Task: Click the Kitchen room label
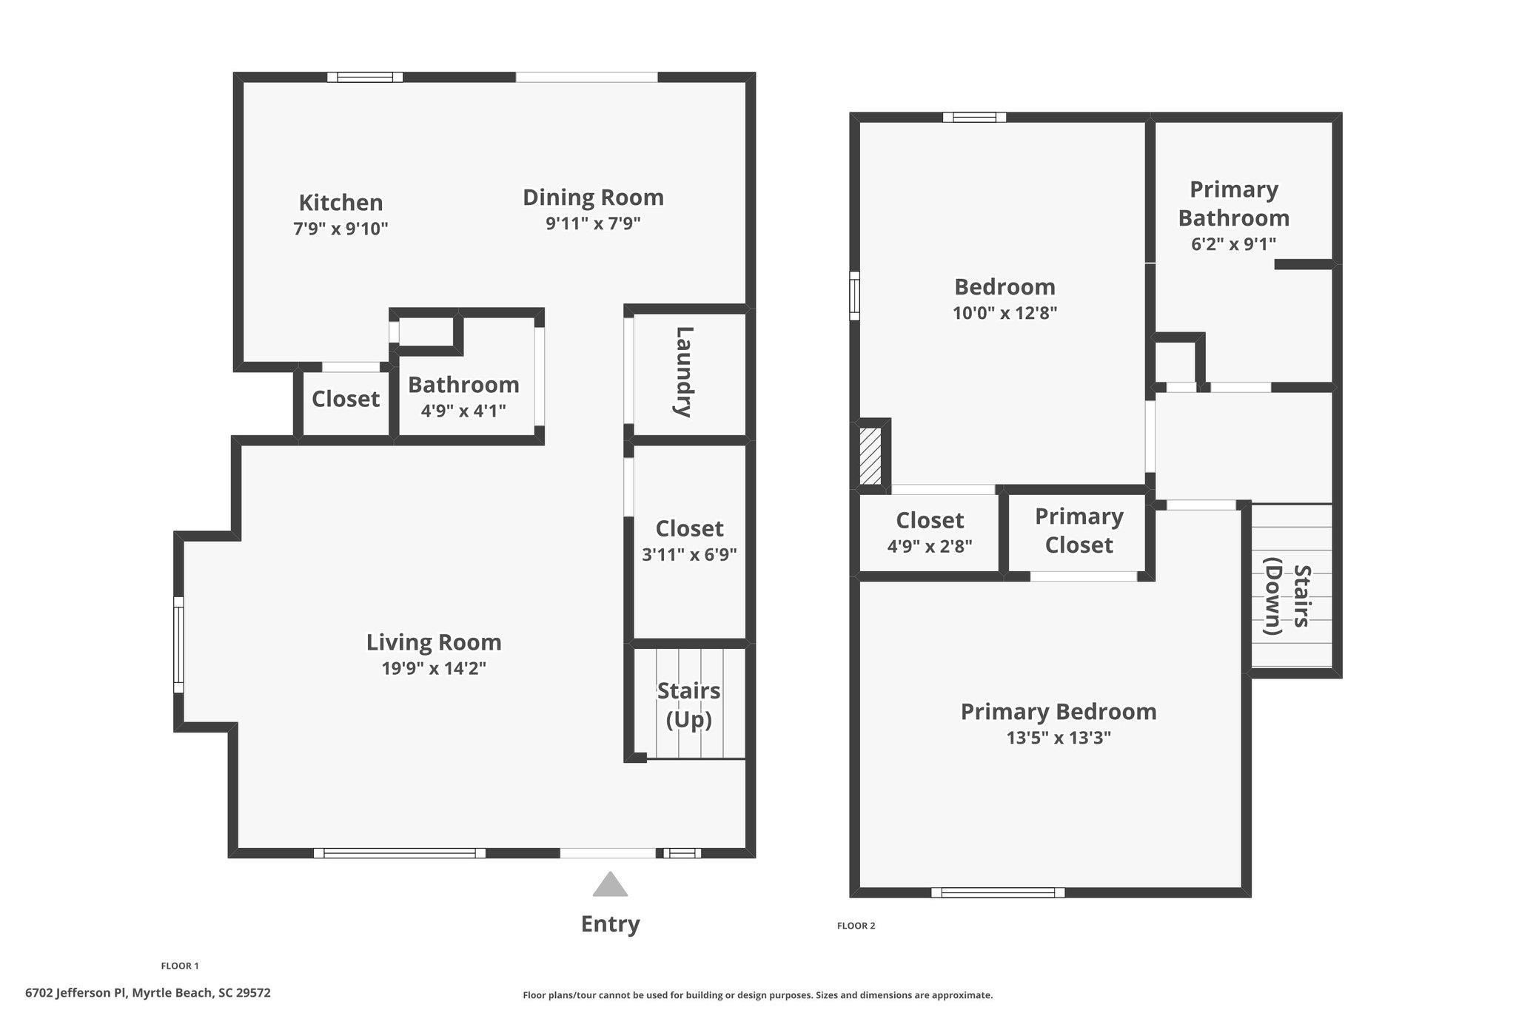(x=341, y=202)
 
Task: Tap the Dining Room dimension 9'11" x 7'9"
(x=593, y=223)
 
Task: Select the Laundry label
(x=684, y=372)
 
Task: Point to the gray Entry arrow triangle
(x=610, y=885)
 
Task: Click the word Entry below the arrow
(x=610, y=923)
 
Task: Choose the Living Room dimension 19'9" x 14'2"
(x=434, y=668)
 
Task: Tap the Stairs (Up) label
(x=688, y=704)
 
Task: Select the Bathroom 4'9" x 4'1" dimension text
(x=463, y=410)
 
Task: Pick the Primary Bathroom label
(x=1233, y=203)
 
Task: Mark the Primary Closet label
(x=1079, y=531)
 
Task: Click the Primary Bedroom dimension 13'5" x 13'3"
(x=1059, y=738)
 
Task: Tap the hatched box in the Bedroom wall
(x=871, y=456)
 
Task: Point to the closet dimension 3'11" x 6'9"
(x=689, y=554)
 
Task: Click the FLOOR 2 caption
(x=856, y=926)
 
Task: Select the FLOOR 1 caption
(x=180, y=966)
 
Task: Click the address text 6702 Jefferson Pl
(x=148, y=993)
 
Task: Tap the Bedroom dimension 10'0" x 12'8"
(x=1004, y=312)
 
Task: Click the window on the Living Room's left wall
(x=178, y=644)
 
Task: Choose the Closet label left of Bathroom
(x=345, y=399)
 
